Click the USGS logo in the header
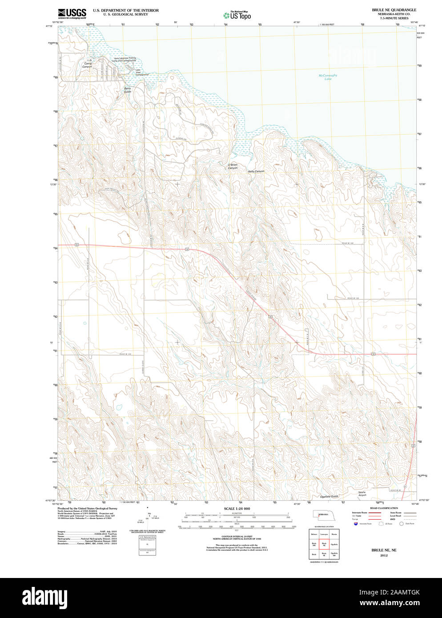(x=72, y=13)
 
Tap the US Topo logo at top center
(x=237, y=15)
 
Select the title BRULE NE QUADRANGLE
(x=394, y=10)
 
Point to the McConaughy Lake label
(x=328, y=77)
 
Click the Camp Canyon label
(x=88, y=65)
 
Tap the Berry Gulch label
(x=128, y=90)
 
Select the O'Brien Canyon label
(x=233, y=166)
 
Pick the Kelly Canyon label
(x=256, y=171)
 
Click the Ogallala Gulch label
(x=329, y=497)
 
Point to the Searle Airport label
(x=362, y=494)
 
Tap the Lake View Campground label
(x=141, y=72)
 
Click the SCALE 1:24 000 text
(x=237, y=509)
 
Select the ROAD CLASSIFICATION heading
(x=384, y=508)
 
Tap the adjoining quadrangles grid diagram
(x=324, y=544)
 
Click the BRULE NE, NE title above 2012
(x=384, y=550)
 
